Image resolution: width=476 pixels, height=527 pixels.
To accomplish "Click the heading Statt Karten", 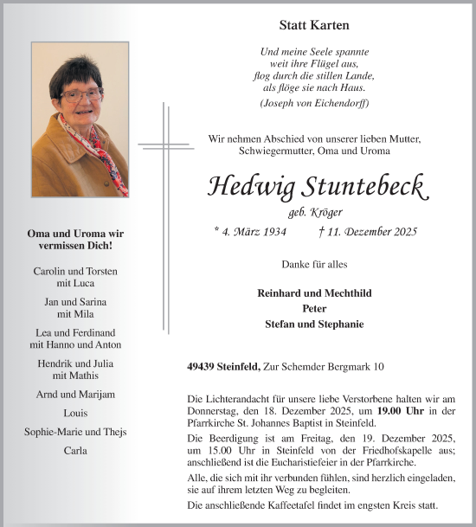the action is (314, 26).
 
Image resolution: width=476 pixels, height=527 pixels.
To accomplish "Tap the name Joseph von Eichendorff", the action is (314, 103).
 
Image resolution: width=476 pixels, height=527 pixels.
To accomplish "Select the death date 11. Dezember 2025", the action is (374, 231).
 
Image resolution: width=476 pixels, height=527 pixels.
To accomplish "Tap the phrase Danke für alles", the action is (314, 263).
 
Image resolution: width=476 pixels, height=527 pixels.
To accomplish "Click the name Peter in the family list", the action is (314, 309).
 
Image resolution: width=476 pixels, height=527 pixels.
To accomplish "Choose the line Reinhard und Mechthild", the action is (314, 293).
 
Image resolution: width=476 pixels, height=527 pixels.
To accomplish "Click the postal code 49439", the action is (203, 367).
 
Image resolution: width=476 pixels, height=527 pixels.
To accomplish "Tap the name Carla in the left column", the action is (75, 451).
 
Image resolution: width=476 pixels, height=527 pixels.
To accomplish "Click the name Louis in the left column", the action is (75, 414).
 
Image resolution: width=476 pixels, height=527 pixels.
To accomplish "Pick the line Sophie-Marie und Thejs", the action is (75, 432).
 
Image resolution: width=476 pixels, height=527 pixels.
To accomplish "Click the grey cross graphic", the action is (164, 145).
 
